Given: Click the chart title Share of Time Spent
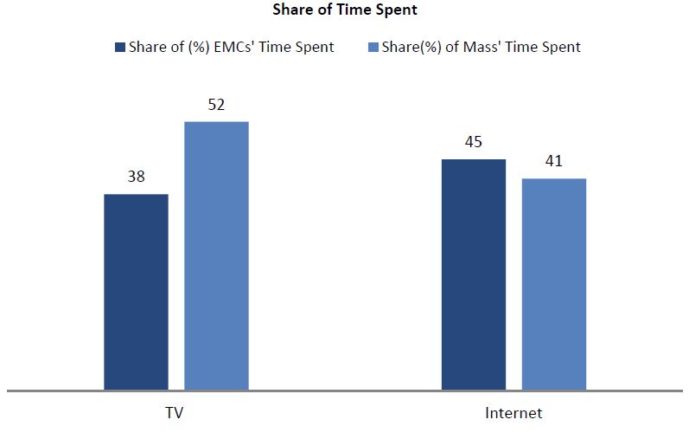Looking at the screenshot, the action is [345, 10].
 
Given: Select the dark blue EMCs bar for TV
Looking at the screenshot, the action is [137, 293].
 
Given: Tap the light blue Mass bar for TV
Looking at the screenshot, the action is [217, 255].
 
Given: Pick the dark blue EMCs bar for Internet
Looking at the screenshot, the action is [474, 274].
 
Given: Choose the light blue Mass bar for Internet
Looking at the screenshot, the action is [554, 285].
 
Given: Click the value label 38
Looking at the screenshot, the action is [137, 177].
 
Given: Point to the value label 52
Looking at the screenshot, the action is [216, 105].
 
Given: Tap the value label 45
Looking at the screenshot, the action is [474, 142].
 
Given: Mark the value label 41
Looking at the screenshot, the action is [553, 161].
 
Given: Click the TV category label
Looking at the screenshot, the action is [175, 413].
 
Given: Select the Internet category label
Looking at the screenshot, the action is [514, 413].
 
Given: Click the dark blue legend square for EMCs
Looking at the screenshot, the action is [120, 47].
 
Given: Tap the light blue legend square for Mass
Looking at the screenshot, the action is [373, 47].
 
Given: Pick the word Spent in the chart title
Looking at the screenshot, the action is [399, 10].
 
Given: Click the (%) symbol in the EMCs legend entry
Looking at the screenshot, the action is [199, 48].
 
